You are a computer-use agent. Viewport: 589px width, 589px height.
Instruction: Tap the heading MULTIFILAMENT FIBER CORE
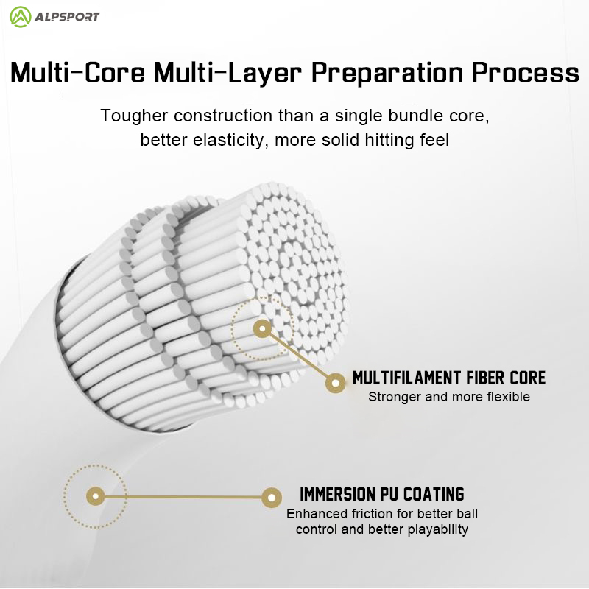(x=449, y=378)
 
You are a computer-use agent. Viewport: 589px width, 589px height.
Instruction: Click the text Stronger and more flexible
(x=449, y=397)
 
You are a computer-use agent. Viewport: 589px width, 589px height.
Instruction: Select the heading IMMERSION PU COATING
(x=382, y=493)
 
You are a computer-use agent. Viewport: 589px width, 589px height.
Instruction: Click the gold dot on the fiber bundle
(x=262, y=329)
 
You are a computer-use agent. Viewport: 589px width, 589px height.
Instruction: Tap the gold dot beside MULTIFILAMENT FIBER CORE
(x=336, y=383)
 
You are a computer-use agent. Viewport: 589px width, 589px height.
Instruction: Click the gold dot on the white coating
(x=95, y=495)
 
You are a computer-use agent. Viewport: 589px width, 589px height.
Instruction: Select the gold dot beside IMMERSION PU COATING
(x=271, y=497)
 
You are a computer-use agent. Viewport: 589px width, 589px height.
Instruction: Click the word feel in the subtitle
(x=434, y=140)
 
